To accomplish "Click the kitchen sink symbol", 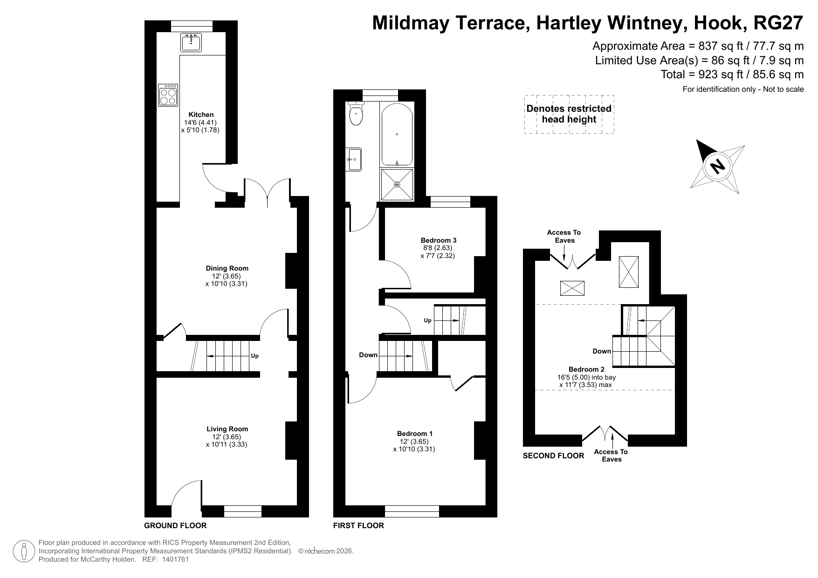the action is click(191, 42).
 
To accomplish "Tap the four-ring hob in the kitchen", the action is click(168, 95).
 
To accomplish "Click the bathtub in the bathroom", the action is click(397, 134).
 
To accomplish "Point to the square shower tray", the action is click(397, 184).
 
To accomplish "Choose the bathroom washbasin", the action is click(354, 159).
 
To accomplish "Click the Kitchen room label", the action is click(201, 115).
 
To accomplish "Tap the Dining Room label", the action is click(227, 268).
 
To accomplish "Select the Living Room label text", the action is click(227, 429).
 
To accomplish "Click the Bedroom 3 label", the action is click(439, 240).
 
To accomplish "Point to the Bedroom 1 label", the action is click(415, 434).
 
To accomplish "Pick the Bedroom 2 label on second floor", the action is click(586, 369).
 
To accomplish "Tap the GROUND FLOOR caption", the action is click(175, 525).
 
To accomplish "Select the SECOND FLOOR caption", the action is click(553, 456).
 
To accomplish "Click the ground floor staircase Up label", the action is click(254, 356).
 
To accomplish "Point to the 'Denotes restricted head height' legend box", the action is click(569, 114).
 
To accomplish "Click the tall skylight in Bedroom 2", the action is click(629, 272).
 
